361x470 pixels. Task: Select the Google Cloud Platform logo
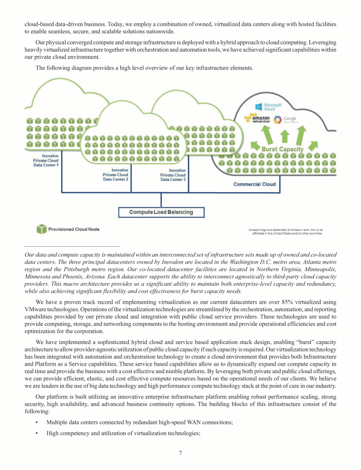[x=286, y=119]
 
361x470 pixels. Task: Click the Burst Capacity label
[x=282, y=149]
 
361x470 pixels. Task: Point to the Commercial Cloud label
[x=254, y=184]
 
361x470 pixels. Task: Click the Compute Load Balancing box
[x=161, y=212]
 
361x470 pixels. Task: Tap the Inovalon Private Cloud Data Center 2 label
[x=116, y=174]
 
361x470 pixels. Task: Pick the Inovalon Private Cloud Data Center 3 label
[x=173, y=175]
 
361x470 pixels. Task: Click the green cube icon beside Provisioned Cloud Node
[x=41, y=229]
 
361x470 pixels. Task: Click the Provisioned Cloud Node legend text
[x=74, y=229]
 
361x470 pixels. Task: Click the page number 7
[x=180, y=453]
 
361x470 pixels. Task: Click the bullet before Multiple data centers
[x=37, y=423]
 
